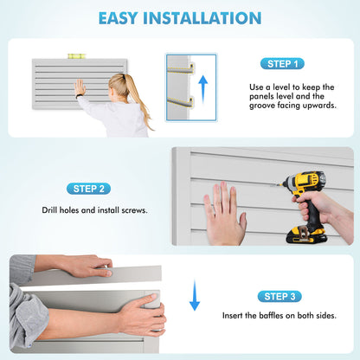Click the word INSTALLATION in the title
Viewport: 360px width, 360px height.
(202, 18)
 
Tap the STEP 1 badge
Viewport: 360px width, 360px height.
(282, 64)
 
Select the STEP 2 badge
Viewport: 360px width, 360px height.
(88, 189)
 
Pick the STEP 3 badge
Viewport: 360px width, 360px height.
(280, 296)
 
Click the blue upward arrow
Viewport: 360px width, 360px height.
(203, 89)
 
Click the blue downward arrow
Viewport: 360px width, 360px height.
(195, 295)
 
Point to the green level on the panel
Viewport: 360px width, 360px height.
(76, 56)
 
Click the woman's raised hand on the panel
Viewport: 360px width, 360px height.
(80, 87)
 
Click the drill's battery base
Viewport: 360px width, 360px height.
(305, 235)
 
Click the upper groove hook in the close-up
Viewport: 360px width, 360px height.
(181, 67)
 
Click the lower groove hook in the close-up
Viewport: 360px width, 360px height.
(181, 101)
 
